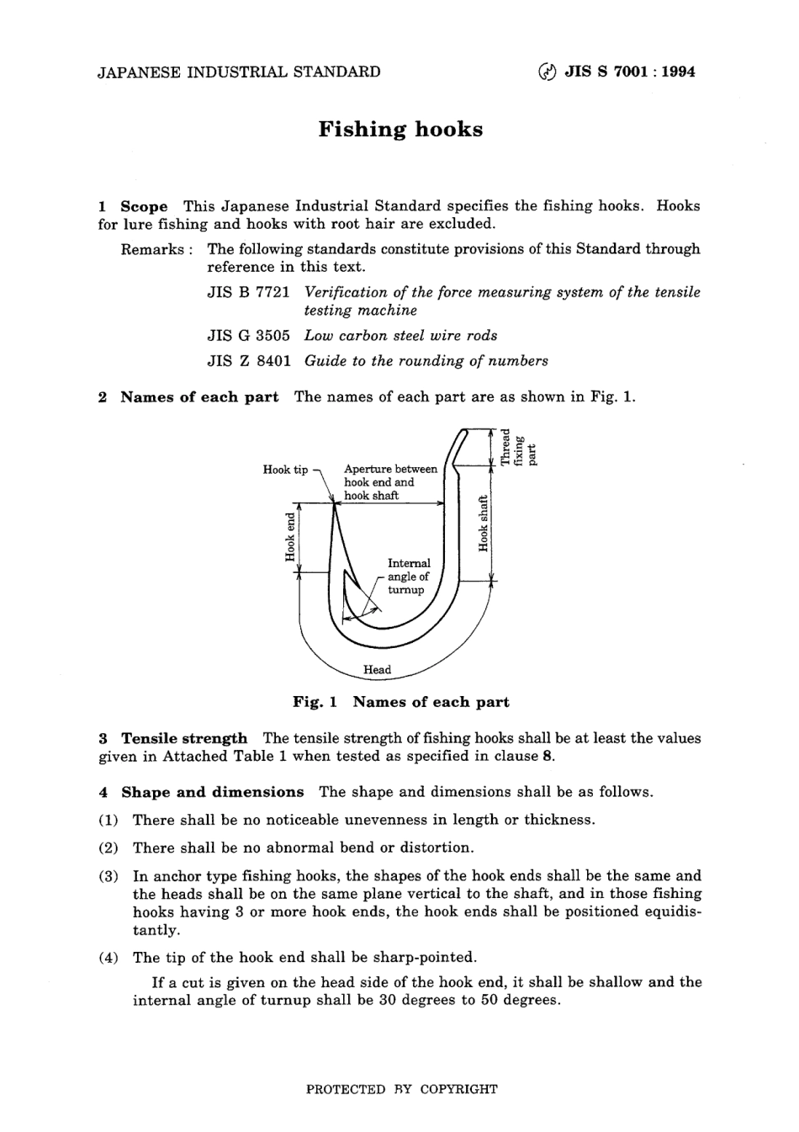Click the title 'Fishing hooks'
[400, 130]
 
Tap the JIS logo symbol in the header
[548, 72]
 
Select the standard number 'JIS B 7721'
[248, 292]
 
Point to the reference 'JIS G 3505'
[248, 335]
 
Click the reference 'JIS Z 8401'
[248, 361]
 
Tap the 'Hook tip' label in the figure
[285, 470]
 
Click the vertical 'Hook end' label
[290, 537]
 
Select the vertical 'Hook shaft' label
[484, 523]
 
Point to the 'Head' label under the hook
[377, 670]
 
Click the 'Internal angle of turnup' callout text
[408, 577]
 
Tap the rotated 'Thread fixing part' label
[518, 446]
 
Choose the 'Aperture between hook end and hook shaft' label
[390, 482]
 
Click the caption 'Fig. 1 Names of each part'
[400, 702]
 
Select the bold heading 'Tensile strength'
[184, 738]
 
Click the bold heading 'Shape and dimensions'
[212, 792]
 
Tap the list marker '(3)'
[108, 876]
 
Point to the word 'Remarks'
[152, 249]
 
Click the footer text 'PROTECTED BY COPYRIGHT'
[401, 1089]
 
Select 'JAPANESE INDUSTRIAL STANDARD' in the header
[239, 72]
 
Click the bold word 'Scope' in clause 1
[144, 206]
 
